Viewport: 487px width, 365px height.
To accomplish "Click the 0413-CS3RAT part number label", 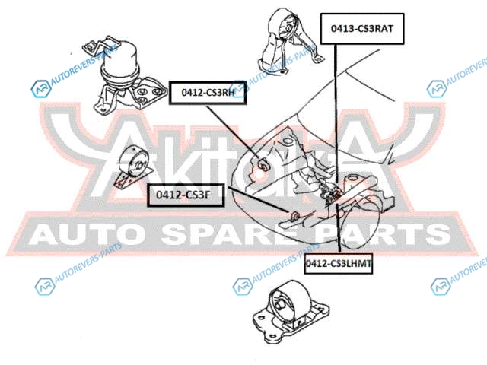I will [x=361, y=29].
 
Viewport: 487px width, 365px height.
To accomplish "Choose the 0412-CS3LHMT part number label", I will [x=338, y=263].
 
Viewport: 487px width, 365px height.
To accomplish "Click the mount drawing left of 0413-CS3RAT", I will [x=282, y=42].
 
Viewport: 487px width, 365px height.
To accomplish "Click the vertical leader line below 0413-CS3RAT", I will [x=334, y=114].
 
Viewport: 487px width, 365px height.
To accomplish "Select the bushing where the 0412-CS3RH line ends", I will [x=263, y=163].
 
